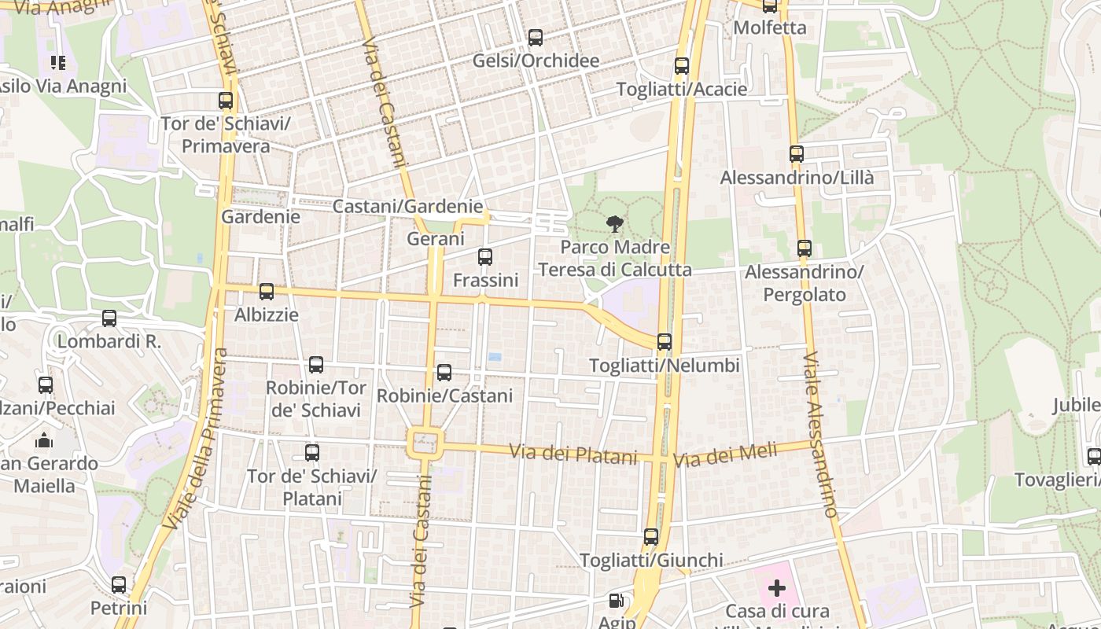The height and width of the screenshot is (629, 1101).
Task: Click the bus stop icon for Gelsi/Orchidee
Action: [x=536, y=37]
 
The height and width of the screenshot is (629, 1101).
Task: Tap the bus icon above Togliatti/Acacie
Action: [x=682, y=66]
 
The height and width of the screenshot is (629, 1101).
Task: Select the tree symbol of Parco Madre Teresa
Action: [x=614, y=225]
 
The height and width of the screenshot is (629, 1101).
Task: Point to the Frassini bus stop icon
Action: [x=485, y=256]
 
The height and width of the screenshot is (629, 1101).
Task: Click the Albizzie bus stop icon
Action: [x=267, y=292]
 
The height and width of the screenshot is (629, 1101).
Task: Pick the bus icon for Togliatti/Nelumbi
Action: [x=665, y=342]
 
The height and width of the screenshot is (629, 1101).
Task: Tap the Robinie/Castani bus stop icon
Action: [x=444, y=373]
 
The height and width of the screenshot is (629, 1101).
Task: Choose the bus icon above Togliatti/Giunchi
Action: [x=651, y=537]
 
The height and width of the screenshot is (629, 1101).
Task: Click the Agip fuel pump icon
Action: [x=617, y=601]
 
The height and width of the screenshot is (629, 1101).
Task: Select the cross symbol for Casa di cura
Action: [x=777, y=587]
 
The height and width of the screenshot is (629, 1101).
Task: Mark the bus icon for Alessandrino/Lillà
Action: [x=797, y=154]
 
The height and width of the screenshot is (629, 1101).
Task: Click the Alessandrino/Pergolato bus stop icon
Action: [x=804, y=248]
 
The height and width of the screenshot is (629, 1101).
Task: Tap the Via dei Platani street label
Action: [x=573, y=454]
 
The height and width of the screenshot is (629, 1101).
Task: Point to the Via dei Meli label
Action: [x=725, y=454]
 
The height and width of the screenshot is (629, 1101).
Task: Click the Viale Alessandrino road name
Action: [x=820, y=434]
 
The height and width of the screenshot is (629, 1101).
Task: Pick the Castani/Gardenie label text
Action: [x=407, y=207]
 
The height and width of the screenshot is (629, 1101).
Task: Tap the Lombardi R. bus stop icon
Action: [x=109, y=318]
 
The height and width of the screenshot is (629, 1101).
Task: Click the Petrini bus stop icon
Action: [x=119, y=585]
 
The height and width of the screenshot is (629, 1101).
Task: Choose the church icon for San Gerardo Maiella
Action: [x=44, y=440]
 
